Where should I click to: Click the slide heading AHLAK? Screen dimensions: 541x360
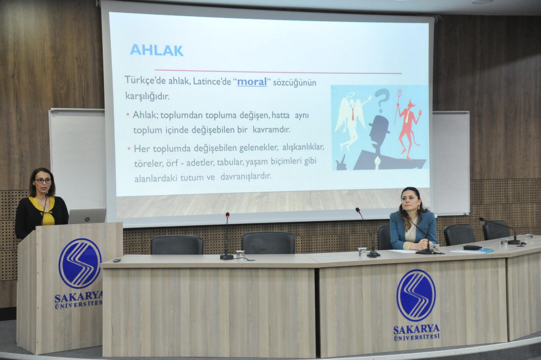click(x=157, y=50)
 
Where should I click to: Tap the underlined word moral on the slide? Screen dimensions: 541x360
click(x=252, y=82)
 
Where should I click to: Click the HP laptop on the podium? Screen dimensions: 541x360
click(x=87, y=216)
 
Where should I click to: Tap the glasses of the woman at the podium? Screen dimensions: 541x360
click(x=43, y=180)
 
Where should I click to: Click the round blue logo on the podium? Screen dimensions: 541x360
click(x=80, y=263)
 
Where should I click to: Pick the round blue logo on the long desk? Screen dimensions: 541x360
click(x=416, y=295)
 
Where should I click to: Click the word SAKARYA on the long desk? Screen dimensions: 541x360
click(x=416, y=329)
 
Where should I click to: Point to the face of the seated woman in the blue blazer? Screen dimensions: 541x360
click(x=411, y=201)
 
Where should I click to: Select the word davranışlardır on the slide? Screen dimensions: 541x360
click(x=246, y=176)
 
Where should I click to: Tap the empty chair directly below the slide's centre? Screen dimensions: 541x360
click(x=268, y=243)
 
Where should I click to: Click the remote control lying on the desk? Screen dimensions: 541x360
click(x=117, y=260)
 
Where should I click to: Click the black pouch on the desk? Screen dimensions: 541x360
click(x=472, y=247)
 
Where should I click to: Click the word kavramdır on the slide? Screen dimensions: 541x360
click(x=271, y=130)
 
